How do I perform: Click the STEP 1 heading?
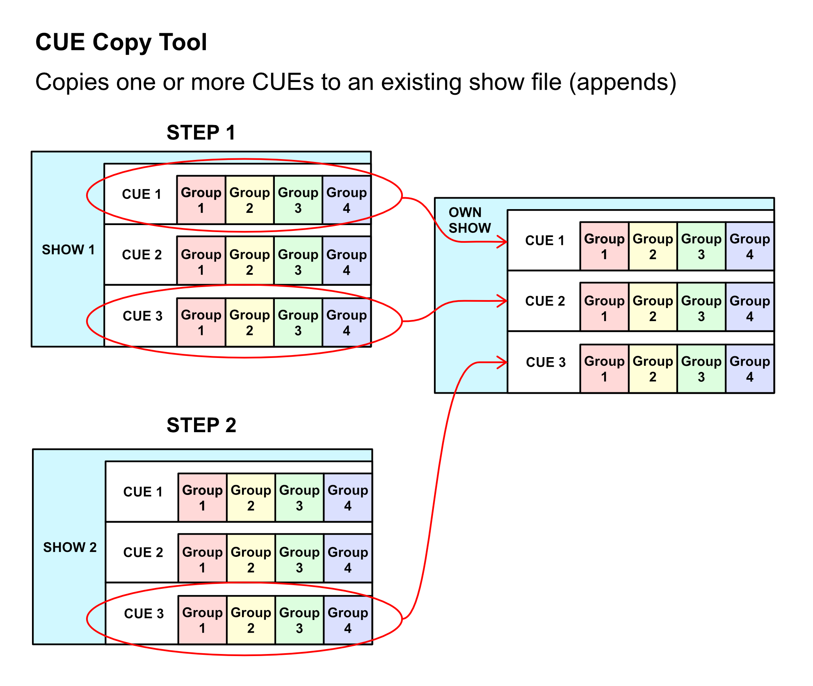pyautogui.click(x=201, y=133)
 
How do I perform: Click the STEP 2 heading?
pyautogui.click(x=201, y=425)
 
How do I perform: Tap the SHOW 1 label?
pyautogui.click(x=68, y=249)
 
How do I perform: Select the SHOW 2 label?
pyautogui.click(x=70, y=547)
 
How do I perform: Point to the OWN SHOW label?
pyautogui.click(x=469, y=220)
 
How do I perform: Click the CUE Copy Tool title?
pyautogui.click(x=121, y=42)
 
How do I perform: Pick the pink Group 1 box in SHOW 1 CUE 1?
pyautogui.click(x=201, y=200)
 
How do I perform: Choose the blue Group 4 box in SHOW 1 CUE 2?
pyautogui.click(x=347, y=262)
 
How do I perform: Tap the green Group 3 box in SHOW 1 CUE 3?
pyautogui.click(x=298, y=322)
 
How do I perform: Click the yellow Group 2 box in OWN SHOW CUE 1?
pyautogui.click(x=653, y=246)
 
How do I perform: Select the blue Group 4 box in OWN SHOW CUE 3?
pyautogui.click(x=750, y=369)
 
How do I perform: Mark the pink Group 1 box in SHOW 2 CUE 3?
pyautogui.click(x=202, y=620)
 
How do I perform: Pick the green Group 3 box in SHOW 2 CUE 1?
pyautogui.click(x=299, y=498)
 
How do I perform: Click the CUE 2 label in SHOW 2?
pyautogui.click(x=143, y=552)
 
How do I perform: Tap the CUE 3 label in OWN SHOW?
pyautogui.click(x=546, y=362)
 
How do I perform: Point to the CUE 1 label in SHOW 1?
pyautogui.click(x=142, y=194)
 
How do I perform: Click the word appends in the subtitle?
pyautogui.click(x=622, y=82)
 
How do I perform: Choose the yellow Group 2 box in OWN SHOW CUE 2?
pyautogui.click(x=653, y=308)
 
